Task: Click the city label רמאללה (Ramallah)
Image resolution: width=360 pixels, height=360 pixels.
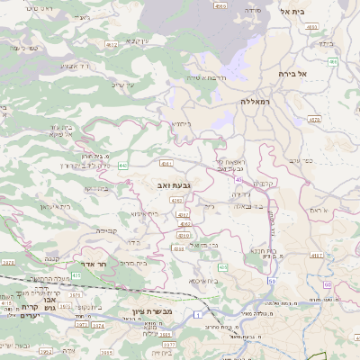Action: point(256,103)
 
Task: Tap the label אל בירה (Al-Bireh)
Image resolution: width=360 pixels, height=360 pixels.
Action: point(293,74)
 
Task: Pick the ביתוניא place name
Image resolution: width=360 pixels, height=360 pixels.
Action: point(181,123)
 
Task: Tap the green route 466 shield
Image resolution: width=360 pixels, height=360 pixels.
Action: point(333,62)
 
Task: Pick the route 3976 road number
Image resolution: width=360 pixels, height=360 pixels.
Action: point(8,262)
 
